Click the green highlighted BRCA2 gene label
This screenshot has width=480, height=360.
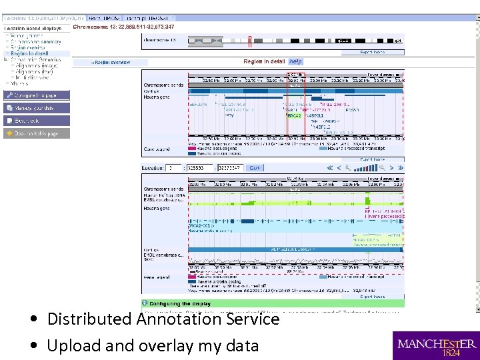294,115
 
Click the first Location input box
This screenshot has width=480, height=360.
173,169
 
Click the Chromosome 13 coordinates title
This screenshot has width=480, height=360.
123,27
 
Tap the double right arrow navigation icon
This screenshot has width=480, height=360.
393,169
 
